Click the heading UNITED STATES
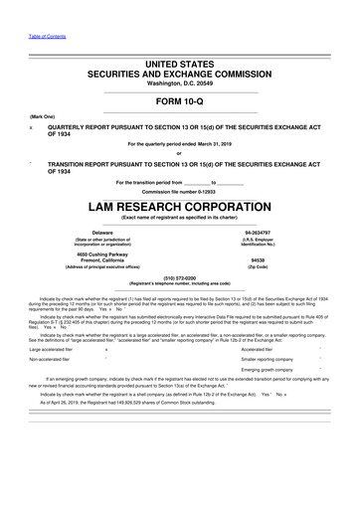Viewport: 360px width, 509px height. [180, 64]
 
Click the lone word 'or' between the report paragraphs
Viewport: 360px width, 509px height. [180, 152]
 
